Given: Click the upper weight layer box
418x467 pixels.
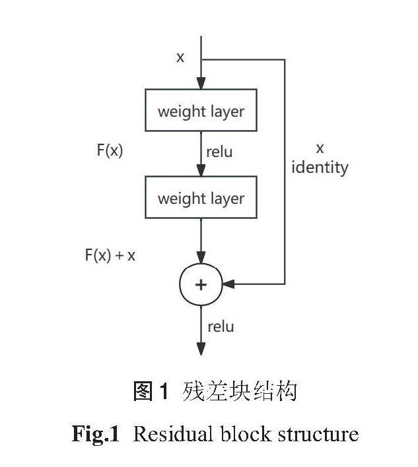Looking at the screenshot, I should [201, 111].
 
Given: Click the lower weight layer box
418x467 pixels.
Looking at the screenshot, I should [201, 198].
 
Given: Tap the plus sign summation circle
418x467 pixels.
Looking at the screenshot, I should [201, 284].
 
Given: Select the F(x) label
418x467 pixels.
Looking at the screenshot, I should [110, 150].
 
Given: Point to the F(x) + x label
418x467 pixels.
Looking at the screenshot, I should [110, 255].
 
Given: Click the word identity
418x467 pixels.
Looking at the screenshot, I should [320, 168].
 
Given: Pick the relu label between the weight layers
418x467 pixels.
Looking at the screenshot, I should [219, 152].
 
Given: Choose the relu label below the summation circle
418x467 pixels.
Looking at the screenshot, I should [221, 327].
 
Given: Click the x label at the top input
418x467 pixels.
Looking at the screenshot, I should [180, 57].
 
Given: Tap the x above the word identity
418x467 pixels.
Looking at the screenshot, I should [320, 148].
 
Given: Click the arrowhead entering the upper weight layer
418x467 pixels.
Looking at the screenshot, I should [201, 84].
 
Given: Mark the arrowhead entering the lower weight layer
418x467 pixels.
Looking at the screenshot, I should [201, 171].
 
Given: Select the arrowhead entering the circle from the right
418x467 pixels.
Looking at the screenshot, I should [228, 284].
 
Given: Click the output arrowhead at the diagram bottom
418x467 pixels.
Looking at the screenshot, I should [201, 350].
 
